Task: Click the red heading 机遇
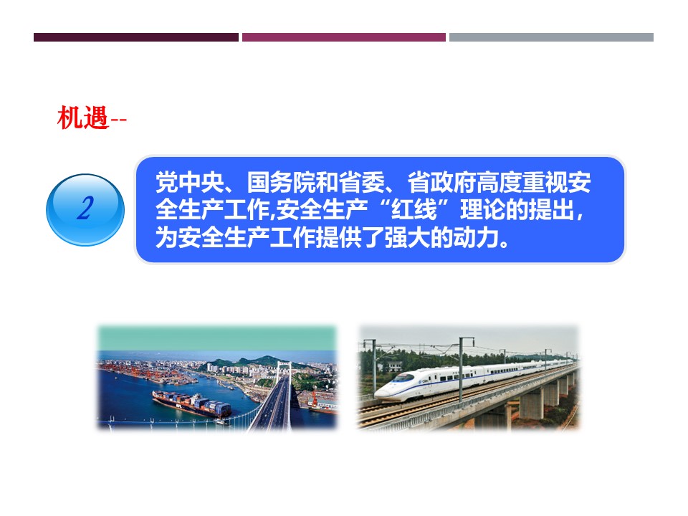[83, 118]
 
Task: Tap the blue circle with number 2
[85, 210]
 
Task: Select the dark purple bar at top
[136, 37]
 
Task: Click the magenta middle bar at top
[344, 37]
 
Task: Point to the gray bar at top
[552, 37]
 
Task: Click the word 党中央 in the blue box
[190, 183]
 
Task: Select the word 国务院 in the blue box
[281, 183]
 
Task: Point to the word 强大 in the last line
[407, 238]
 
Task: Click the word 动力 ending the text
[477, 238]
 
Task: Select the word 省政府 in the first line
[442, 183]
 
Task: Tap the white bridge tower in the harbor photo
[284, 373]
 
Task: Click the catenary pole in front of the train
[462, 370]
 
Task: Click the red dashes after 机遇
[118, 120]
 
